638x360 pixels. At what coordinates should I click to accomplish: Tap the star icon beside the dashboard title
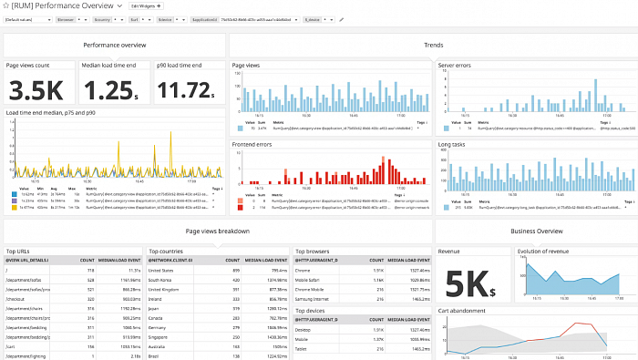[x=5, y=5]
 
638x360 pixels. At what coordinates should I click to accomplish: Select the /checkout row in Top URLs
[x=19, y=297]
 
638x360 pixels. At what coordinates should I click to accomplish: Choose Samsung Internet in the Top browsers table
[x=313, y=297]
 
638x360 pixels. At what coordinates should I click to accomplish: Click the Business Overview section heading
[x=536, y=231]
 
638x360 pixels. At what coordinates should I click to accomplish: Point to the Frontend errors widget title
[x=252, y=143]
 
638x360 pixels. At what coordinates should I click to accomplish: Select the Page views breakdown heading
[x=217, y=231]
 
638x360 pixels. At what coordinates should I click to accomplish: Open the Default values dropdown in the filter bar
[x=26, y=18]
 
